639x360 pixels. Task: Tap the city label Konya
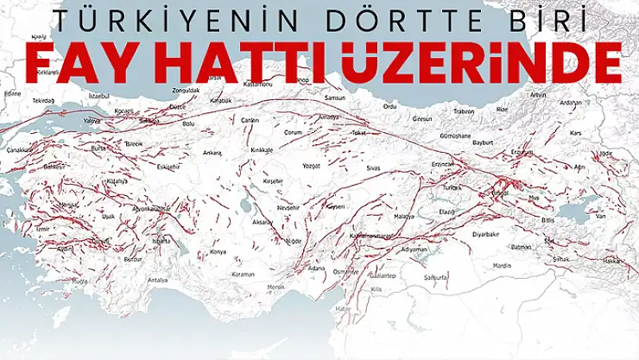[x=218, y=252]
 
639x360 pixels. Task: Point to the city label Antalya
[x=157, y=280]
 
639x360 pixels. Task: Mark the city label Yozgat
[x=311, y=161]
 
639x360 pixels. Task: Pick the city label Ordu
[x=389, y=107]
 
